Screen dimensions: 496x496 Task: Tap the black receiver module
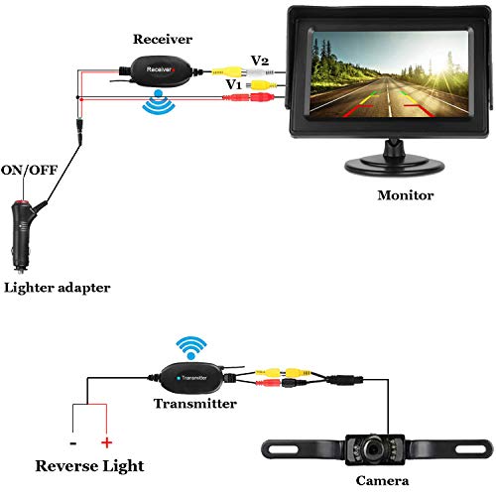click(x=162, y=73)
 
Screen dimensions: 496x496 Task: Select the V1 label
click(x=235, y=86)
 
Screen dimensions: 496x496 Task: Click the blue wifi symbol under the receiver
click(x=156, y=102)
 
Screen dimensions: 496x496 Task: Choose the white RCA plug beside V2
click(x=260, y=72)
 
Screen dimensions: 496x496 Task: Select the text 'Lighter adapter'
click(x=57, y=288)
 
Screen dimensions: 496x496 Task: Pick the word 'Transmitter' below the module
click(x=195, y=404)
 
